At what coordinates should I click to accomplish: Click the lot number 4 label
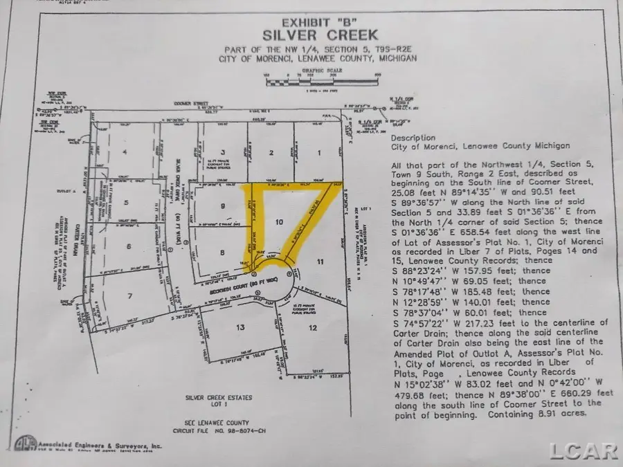tap(125, 152)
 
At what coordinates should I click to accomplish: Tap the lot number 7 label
tap(128, 296)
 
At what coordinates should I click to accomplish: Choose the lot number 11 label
tap(320, 261)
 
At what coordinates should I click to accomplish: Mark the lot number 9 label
tap(222, 206)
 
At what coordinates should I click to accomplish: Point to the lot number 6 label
tap(129, 246)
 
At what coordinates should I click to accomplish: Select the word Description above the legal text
tap(413, 138)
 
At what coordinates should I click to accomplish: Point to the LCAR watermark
tap(583, 451)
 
